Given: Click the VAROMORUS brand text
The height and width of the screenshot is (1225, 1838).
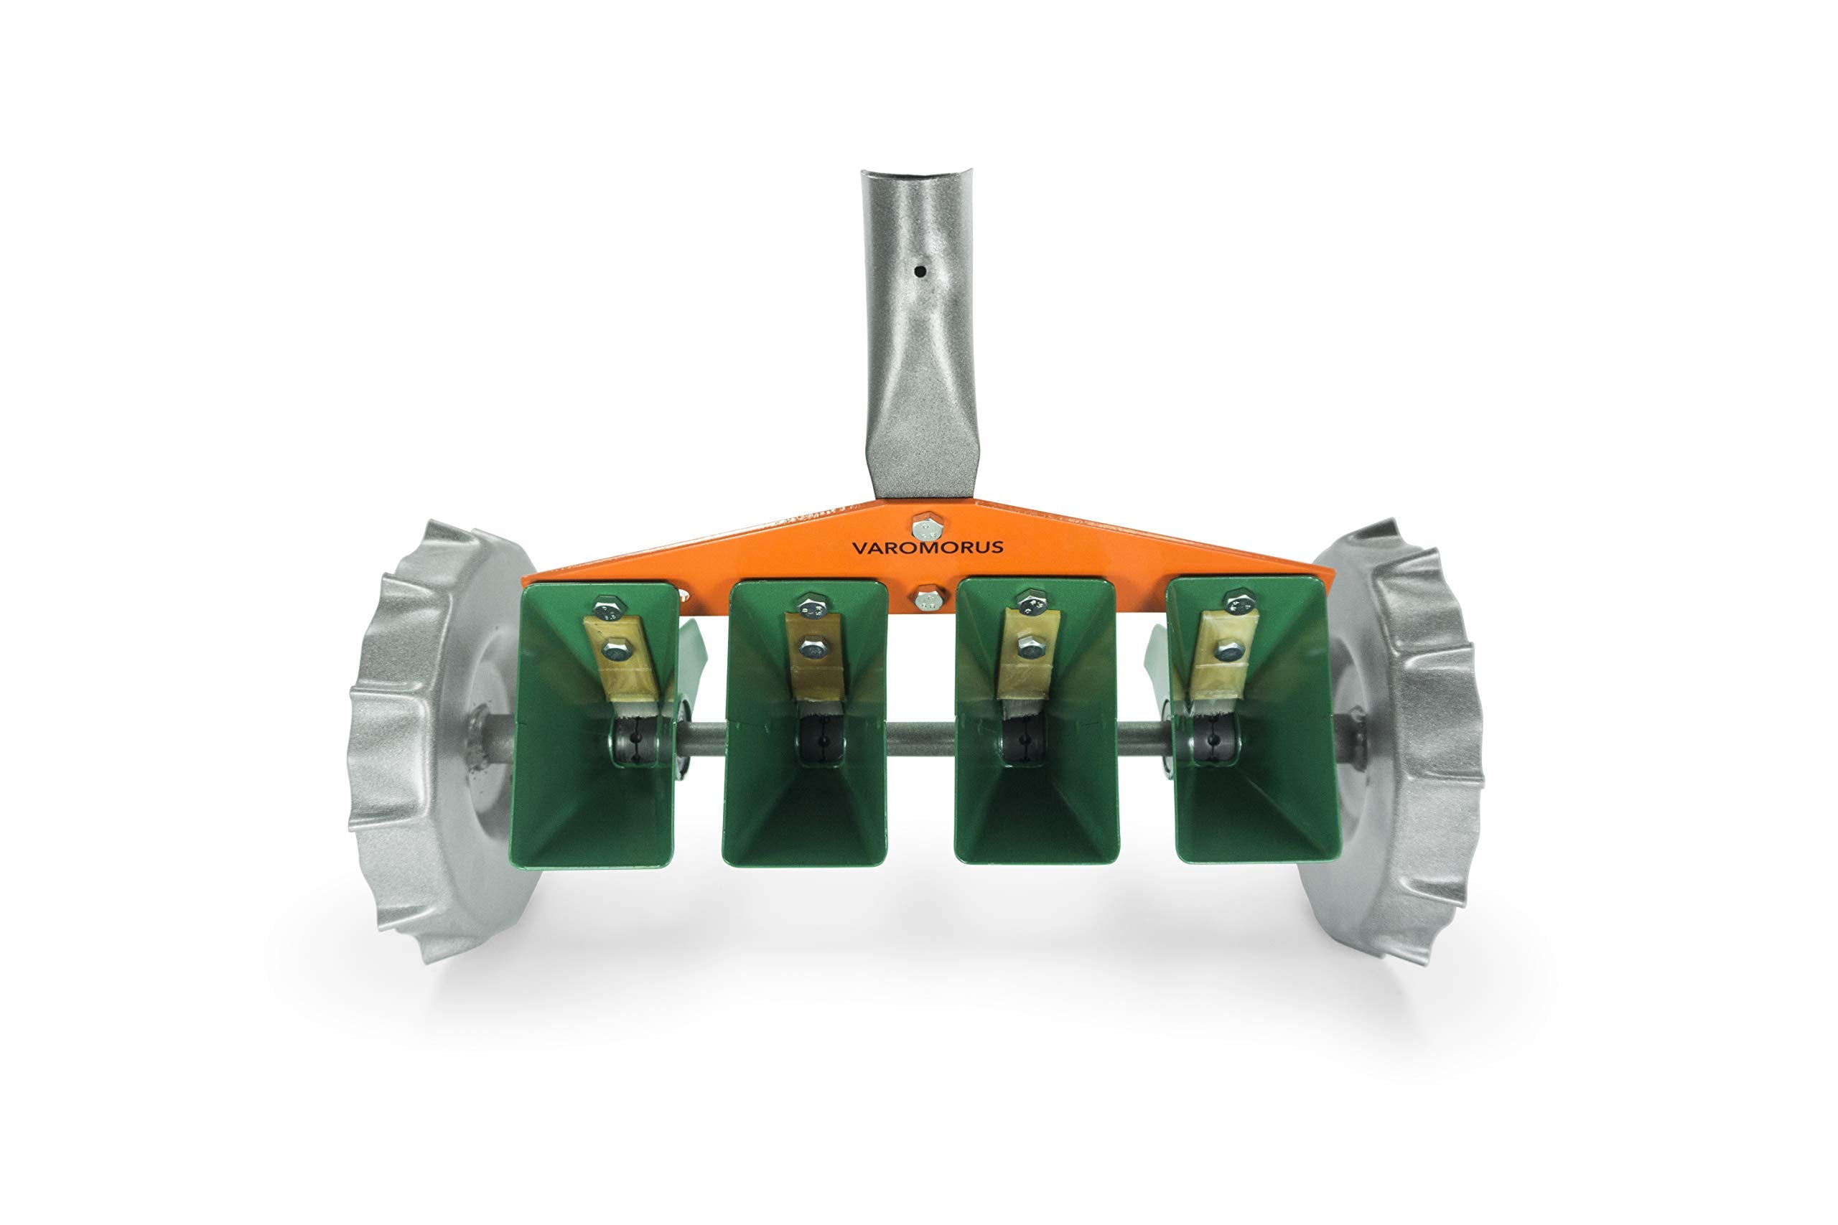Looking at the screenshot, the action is tap(927, 547).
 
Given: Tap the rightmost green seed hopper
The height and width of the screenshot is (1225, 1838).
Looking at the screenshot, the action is tap(1253, 721).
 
